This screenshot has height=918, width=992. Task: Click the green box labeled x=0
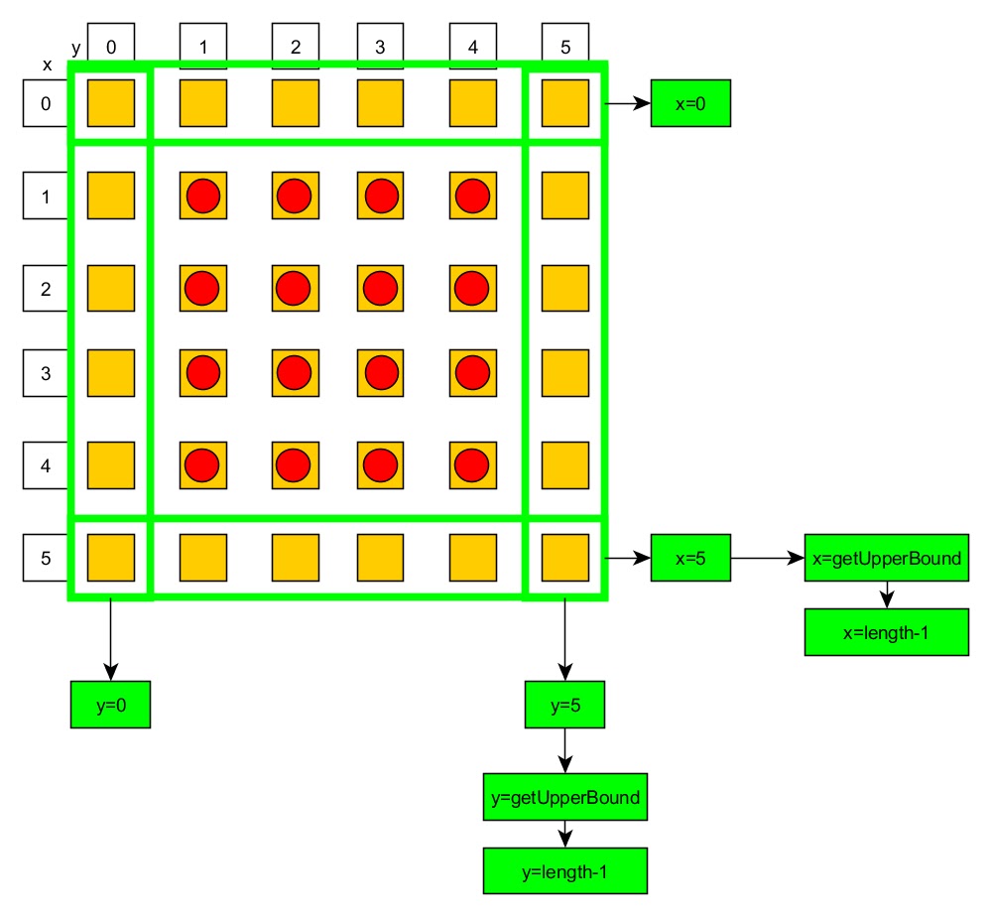click(690, 103)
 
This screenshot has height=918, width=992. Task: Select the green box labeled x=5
click(690, 558)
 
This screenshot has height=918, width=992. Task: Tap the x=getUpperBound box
click(886, 558)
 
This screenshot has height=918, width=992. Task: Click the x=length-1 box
click(886, 631)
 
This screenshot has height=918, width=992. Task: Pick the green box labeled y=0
click(110, 705)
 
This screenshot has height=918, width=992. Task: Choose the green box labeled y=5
click(564, 705)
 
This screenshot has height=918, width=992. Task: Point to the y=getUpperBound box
click(564, 796)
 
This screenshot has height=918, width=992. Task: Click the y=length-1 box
click(564, 871)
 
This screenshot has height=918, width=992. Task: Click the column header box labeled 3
click(381, 46)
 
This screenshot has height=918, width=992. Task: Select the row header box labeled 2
click(46, 289)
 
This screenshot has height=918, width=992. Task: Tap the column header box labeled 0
click(110, 46)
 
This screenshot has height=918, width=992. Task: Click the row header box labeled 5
click(46, 558)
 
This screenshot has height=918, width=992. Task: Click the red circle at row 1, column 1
click(202, 196)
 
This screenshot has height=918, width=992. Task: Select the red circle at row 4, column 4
click(472, 463)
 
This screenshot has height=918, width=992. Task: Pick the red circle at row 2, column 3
click(381, 289)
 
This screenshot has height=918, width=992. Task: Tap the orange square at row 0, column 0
click(110, 103)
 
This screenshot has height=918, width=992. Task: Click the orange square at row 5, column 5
click(564, 558)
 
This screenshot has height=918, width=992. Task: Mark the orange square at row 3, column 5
click(564, 373)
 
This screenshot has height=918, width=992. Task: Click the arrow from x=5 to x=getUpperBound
click(766, 558)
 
